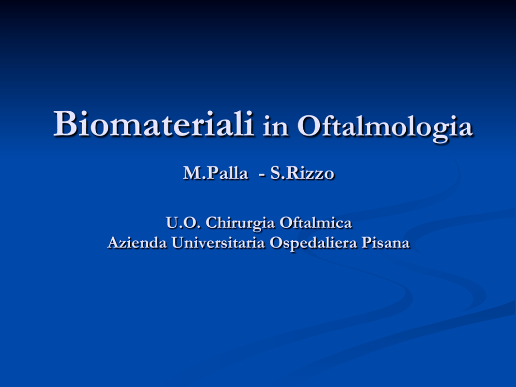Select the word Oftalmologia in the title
[385, 127]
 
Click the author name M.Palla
[215, 173]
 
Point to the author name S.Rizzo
[302, 173]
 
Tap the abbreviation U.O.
[183, 223]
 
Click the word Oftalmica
[316, 223]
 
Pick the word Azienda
[137, 243]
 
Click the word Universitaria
[218, 243]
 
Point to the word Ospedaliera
[313, 243]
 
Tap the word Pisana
[385, 243]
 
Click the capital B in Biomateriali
[66, 123]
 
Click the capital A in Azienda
[114, 243]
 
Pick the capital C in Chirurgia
[212, 223]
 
